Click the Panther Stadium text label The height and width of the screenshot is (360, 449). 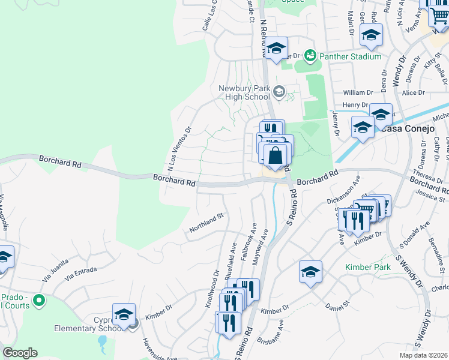tap(351, 56)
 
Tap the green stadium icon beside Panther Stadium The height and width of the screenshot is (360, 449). tap(310, 56)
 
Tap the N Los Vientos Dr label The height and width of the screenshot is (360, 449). tap(178, 148)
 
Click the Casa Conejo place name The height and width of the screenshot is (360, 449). tap(402, 128)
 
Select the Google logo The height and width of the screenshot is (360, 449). tap(20, 353)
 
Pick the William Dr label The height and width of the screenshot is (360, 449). tap(358, 93)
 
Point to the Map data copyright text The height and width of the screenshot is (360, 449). tap(423, 355)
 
